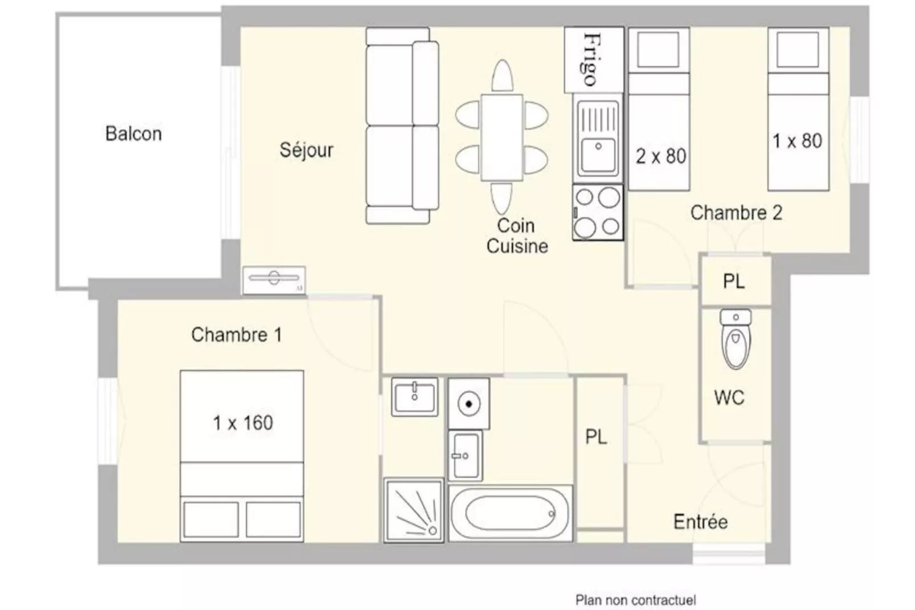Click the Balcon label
click(x=133, y=134)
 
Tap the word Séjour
click(x=307, y=149)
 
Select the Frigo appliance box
click(x=594, y=60)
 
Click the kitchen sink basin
click(x=598, y=155)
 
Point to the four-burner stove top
click(x=598, y=212)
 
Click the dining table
click(x=501, y=137)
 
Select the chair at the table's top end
click(x=502, y=76)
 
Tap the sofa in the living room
click(x=402, y=125)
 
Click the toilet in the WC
click(x=736, y=339)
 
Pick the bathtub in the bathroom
click(x=510, y=514)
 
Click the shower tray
click(x=414, y=511)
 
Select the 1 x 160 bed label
click(x=243, y=423)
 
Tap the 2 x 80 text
click(x=660, y=156)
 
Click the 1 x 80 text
click(x=797, y=141)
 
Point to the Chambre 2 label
click(x=736, y=213)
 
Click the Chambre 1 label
click(x=236, y=335)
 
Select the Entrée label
click(x=701, y=522)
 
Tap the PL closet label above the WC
click(x=734, y=281)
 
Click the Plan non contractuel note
click(x=636, y=600)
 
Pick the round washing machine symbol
click(x=469, y=404)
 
